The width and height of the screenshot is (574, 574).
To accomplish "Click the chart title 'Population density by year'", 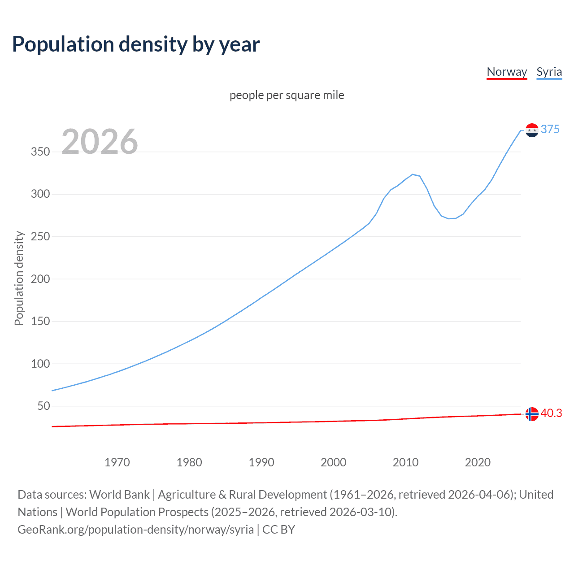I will (136, 44).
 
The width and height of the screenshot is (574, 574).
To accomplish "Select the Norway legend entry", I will (507, 72).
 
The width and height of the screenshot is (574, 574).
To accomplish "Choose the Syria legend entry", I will (549, 72).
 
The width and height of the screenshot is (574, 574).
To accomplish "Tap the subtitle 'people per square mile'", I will (287, 96).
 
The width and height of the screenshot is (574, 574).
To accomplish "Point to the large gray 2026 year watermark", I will (100, 142).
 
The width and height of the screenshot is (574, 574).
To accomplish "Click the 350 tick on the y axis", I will (40, 152).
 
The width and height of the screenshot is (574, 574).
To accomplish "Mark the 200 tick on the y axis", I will (40, 279).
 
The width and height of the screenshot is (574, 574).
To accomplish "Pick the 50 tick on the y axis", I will (43, 406).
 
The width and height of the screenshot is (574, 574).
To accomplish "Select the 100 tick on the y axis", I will (40, 364).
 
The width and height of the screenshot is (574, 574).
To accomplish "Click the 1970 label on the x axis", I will (117, 462).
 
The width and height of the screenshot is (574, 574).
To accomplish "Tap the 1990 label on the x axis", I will (261, 462).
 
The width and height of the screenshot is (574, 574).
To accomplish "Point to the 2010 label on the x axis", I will (405, 462).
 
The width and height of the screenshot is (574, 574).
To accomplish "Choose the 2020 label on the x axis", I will (478, 462).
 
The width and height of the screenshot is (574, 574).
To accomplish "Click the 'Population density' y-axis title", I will (19, 278).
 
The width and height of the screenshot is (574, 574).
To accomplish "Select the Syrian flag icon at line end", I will (532, 130).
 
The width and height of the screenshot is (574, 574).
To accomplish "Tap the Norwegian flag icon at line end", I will (532, 414).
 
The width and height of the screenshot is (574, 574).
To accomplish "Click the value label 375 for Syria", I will (550, 130).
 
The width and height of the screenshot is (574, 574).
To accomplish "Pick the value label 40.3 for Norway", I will (551, 413).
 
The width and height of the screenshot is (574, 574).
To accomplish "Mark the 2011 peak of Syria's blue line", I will (413, 174).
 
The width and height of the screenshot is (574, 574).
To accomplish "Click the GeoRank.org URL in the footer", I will (135, 530).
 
